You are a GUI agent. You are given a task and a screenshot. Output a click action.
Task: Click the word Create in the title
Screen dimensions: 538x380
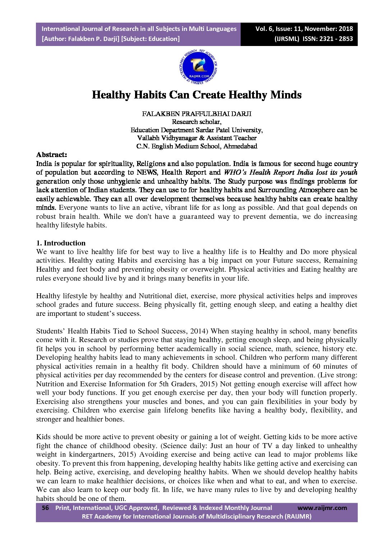click(209, 95)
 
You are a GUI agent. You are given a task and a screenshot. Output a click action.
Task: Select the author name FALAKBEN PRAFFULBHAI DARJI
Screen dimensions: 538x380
click(196, 114)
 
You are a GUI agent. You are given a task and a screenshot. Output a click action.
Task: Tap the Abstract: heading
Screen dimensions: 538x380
click(51, 155)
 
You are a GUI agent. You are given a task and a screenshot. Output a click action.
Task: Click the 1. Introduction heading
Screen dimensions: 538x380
click(61, 243)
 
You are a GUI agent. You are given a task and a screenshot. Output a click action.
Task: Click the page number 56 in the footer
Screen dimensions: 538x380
click(45, 508)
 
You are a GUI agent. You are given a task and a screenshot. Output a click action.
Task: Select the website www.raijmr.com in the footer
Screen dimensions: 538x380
click(322, 508)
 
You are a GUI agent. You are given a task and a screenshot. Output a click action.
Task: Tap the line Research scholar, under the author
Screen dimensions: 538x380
click(196, 122)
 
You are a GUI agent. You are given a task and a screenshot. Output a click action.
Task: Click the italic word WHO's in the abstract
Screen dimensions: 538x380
click(235, 173)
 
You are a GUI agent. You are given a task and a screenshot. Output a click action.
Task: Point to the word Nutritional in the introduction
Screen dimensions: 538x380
click(156, 296)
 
